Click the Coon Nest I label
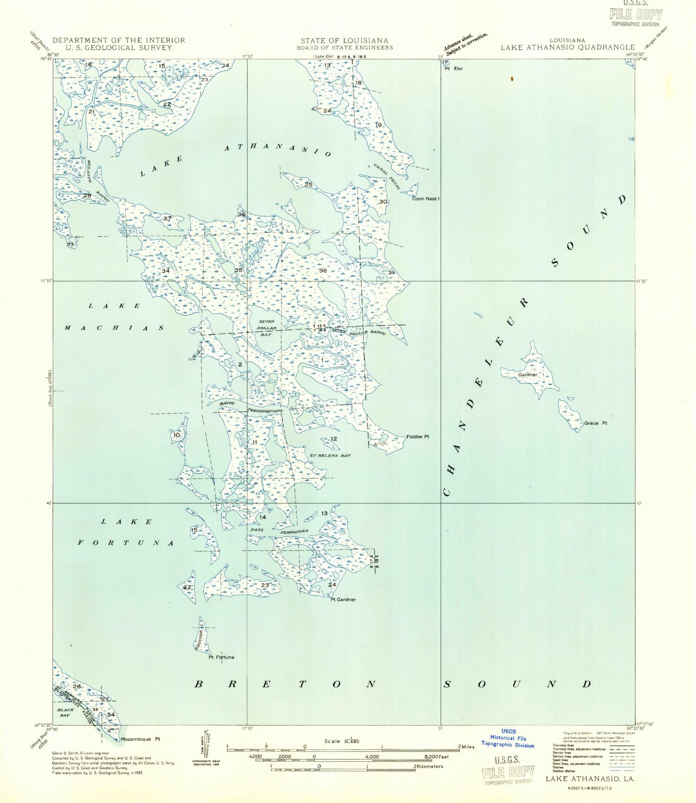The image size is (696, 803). click(425, 198)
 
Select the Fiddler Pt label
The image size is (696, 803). click(418, 437)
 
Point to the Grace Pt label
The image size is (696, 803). click(595, 423)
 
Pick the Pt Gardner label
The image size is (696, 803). click(343, 599)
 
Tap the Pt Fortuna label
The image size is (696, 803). click(221, 657)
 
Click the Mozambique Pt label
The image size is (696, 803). click(140, 739)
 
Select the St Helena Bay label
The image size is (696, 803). click(330, 456)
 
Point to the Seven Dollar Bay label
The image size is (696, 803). click(266, 328)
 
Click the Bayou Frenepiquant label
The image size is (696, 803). click(251, 407)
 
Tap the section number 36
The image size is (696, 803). click(323, 271)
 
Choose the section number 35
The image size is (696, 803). click(238, 270)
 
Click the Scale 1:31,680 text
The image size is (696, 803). click(342, 741)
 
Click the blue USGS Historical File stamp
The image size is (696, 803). click(508, 738)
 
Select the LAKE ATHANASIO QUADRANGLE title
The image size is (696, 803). click(567, 47)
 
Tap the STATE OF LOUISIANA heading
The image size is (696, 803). click(344, 41)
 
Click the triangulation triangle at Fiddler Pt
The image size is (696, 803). click(375, 445)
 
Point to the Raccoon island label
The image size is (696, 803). click(199, 640)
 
